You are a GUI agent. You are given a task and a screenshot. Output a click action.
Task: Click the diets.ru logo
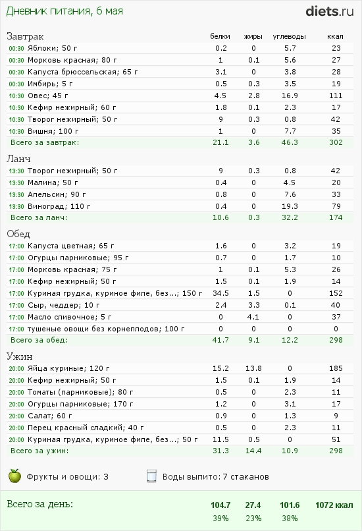[330, 11]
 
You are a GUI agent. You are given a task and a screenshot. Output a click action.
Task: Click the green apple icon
[14, 476]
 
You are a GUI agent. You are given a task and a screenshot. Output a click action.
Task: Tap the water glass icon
[151, 476]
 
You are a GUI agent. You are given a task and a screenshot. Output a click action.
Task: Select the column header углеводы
[289, 37]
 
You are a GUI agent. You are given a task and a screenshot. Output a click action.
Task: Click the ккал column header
[335, 37]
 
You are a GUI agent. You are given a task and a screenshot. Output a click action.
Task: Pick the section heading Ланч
[18, 159]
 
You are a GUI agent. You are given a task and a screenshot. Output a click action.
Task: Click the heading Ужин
[20, 356]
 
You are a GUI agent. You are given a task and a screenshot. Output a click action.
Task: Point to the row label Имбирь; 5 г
[50, 84]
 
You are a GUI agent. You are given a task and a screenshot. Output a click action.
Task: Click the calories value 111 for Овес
[336, 96]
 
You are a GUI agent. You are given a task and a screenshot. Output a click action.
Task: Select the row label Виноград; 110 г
[59, 206]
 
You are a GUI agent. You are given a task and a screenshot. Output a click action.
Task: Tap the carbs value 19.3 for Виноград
[290, 206]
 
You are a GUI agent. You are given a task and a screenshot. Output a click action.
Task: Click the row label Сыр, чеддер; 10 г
[64, 305]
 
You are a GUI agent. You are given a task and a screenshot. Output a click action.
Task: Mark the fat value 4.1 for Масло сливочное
[254, 317]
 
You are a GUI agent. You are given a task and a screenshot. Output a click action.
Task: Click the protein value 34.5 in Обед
[220, 293]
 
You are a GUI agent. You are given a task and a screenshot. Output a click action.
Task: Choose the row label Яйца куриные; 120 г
[68, 368]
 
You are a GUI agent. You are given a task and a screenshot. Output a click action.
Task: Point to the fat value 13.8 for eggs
[254, 368]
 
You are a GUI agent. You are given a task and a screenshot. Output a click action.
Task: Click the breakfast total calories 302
[336, 142]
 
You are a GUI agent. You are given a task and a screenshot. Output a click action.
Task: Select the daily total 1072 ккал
[334, 505]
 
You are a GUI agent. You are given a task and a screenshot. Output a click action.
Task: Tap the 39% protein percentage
[220, 518]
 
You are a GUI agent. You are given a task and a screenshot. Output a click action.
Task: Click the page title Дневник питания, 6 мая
[65, 11]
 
